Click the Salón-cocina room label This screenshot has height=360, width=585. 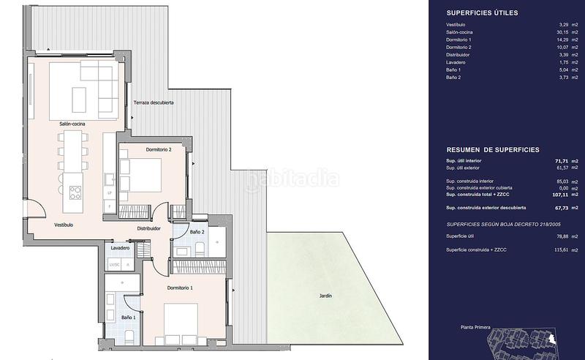(72, 125)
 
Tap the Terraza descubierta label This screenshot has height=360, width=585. (154, 103)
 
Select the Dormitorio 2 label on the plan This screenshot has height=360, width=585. (158, 149)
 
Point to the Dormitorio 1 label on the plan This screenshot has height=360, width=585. (180, 288)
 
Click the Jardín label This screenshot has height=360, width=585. (325, 296)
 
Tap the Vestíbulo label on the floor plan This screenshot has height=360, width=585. (63, 225)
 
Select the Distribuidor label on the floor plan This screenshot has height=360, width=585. (149, 228)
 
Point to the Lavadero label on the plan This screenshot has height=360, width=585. (121, 248)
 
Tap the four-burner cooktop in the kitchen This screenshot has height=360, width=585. (75, 193)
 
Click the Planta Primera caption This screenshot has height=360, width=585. (475, 329)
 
